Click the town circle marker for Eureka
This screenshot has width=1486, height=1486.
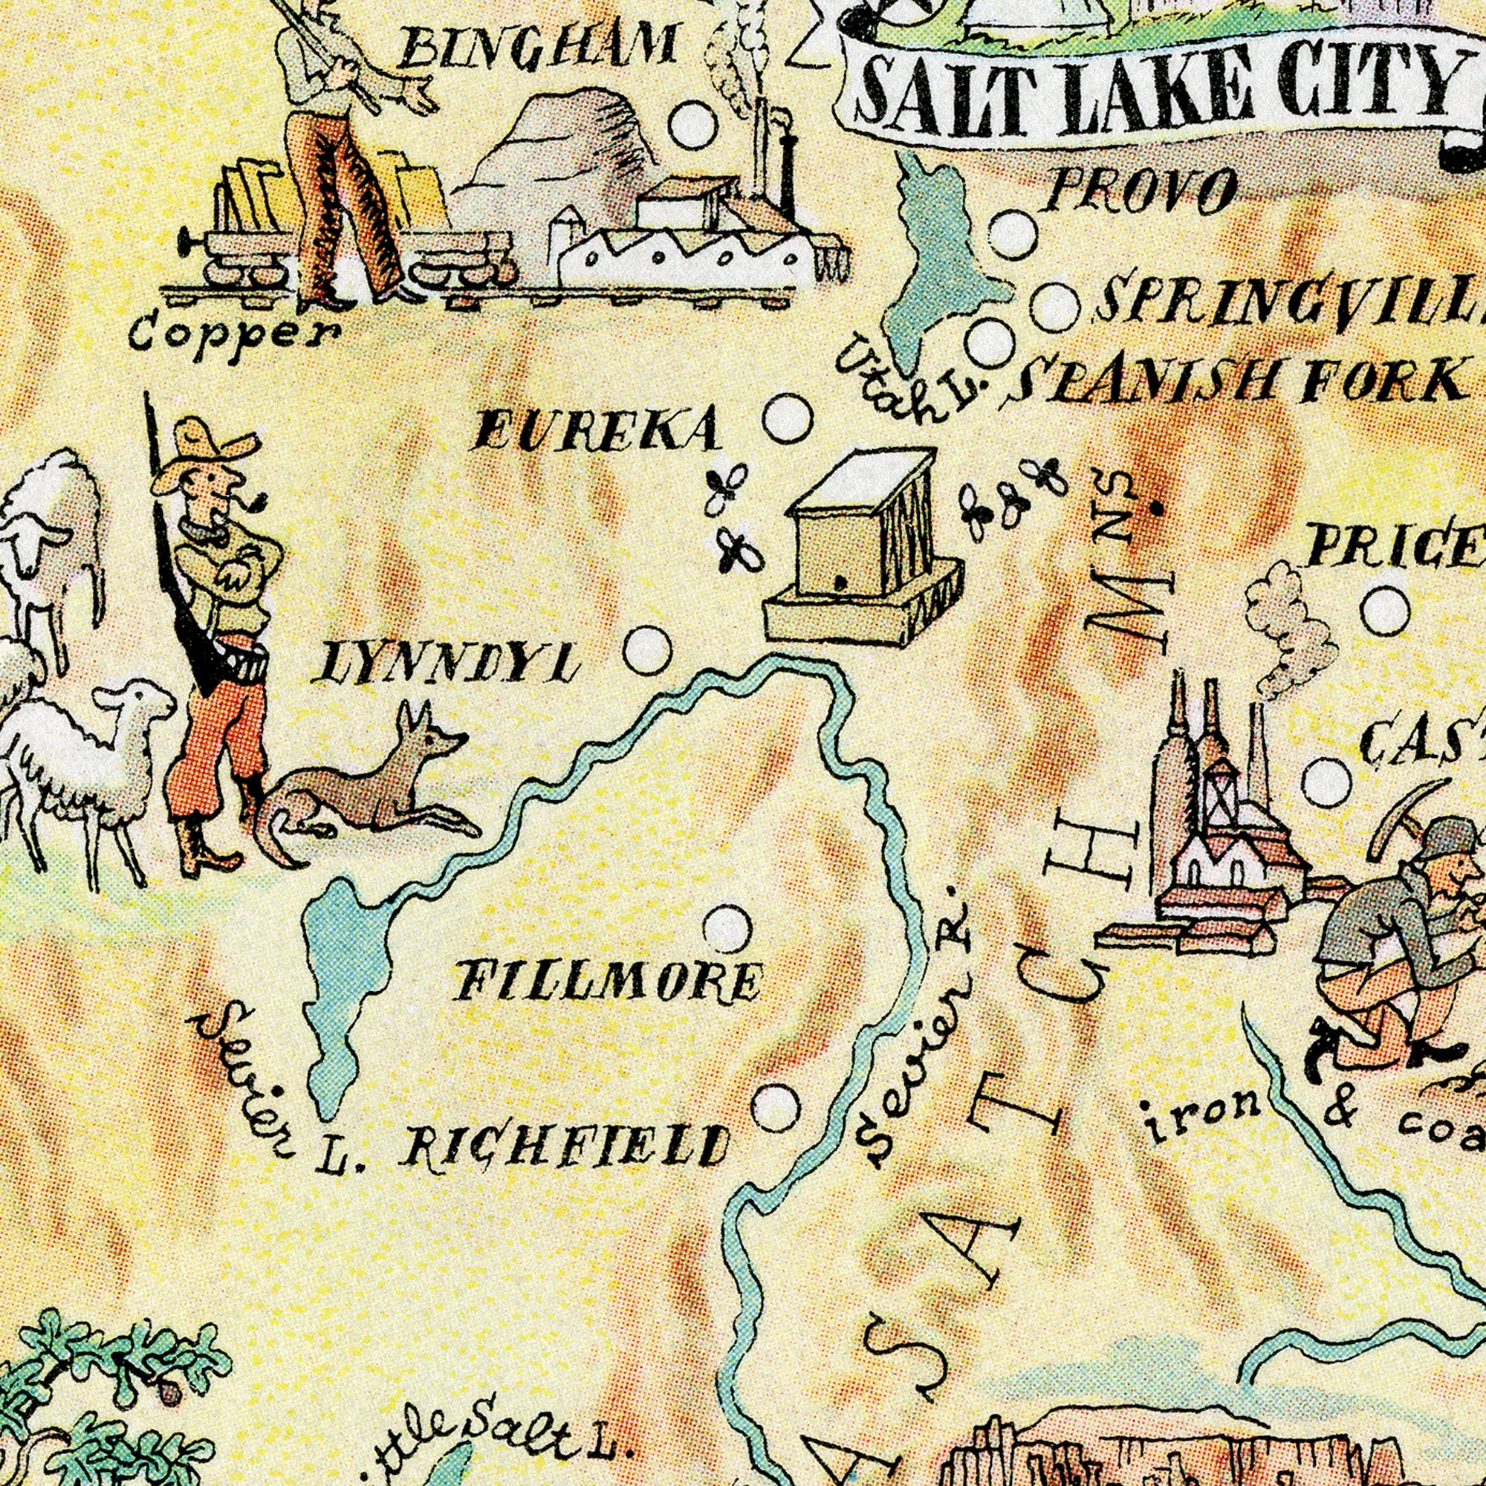click(788, 418)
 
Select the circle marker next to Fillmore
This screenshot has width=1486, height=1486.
click(727, 927)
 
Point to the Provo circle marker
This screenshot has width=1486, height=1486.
click(1013, 236)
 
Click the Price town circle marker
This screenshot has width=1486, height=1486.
click(1386, 612)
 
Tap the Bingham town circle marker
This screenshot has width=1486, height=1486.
click(692, 126)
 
